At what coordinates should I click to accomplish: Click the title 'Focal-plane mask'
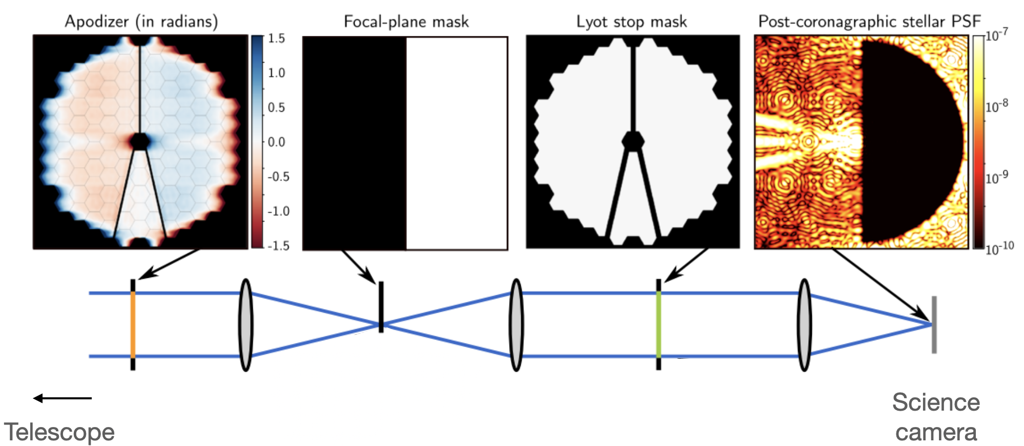point(406,22)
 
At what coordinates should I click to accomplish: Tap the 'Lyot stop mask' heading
point(631,22)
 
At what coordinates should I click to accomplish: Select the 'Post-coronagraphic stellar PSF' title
point(869,22)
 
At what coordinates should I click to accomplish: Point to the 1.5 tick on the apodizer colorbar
point(277,39)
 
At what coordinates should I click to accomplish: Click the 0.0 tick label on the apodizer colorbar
point(277,142)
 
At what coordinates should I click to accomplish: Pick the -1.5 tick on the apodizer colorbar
point(279,246)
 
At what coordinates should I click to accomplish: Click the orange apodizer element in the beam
point(133,325)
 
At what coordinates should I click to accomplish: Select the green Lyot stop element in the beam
point(659,325)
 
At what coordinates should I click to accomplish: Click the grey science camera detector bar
point(934,325)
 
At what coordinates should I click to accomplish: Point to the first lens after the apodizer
point(246,325)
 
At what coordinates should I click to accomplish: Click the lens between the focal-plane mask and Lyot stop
point(516,325)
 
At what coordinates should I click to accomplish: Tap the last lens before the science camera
point(804,325)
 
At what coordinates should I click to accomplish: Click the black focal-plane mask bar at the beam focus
point(381,307)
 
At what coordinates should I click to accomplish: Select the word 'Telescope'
point(59,432)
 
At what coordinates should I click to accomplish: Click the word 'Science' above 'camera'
point(936,402)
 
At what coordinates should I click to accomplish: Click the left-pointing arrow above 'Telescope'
point(62,398)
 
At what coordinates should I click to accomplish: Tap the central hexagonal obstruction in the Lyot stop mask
point(633,141)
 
